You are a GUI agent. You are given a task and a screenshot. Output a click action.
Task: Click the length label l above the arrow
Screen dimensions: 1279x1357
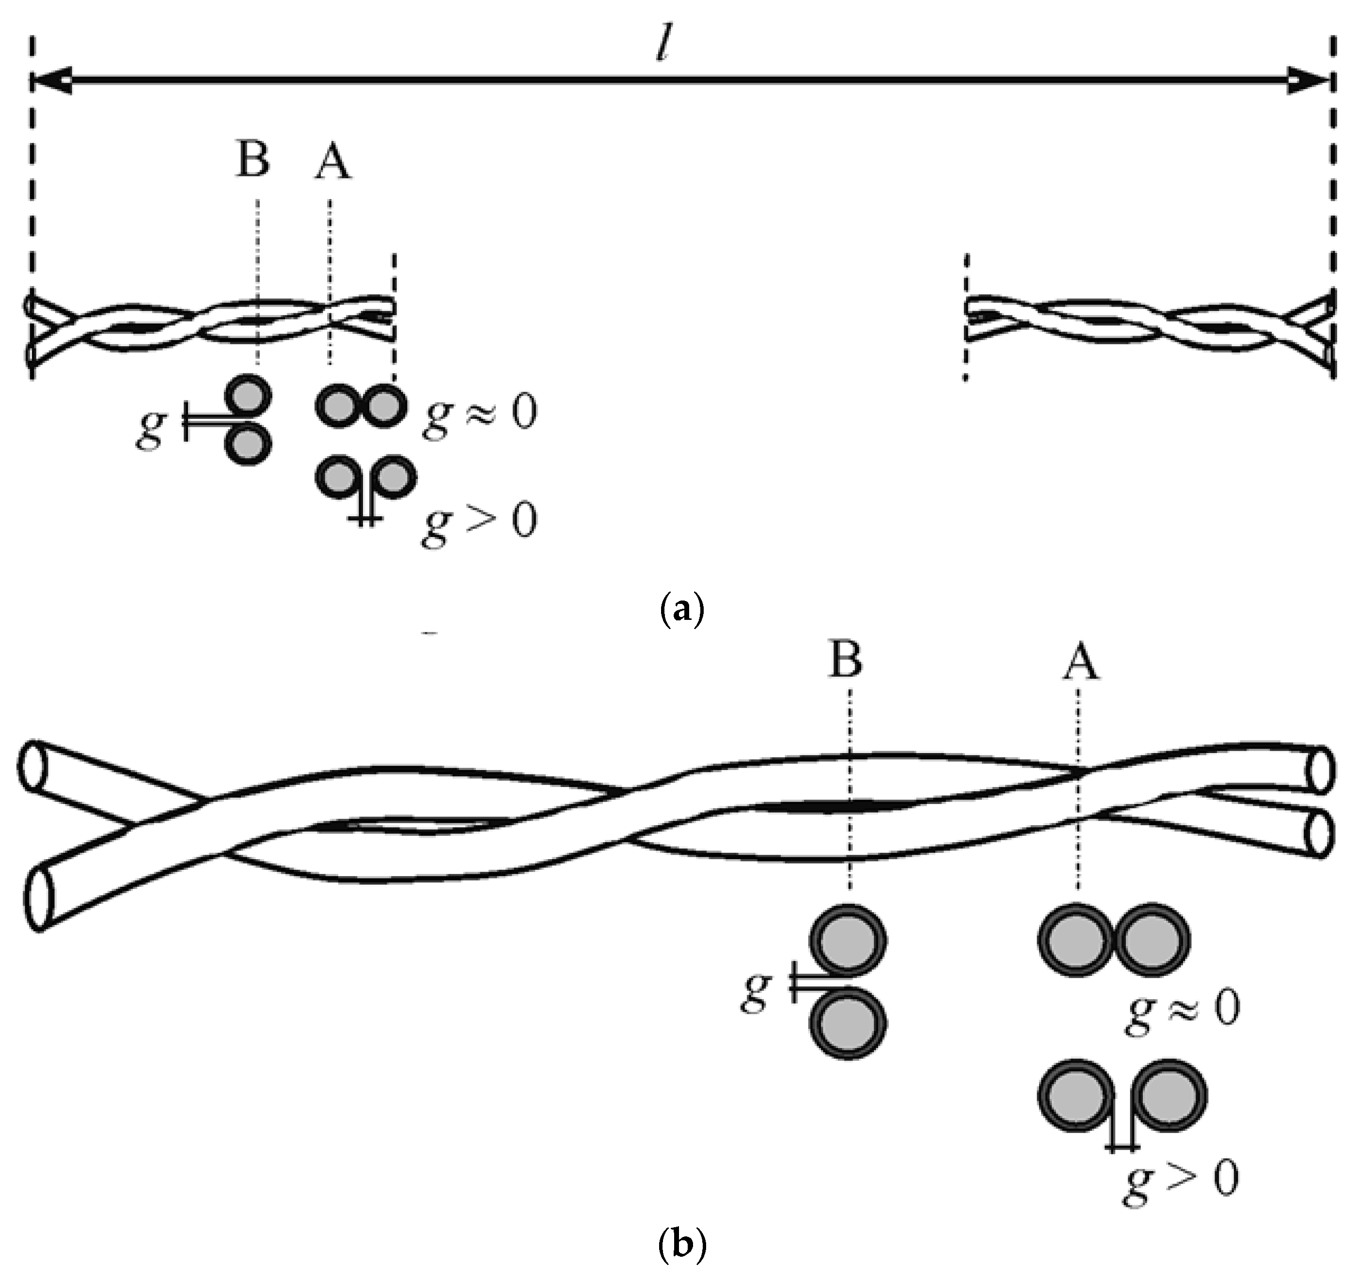[x=661, y=46]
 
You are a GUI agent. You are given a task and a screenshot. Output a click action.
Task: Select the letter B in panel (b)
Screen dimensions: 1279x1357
[x=845, y=660]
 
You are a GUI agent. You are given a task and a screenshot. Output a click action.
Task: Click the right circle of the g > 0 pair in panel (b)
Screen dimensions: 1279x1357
[x=1170, y=1097]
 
